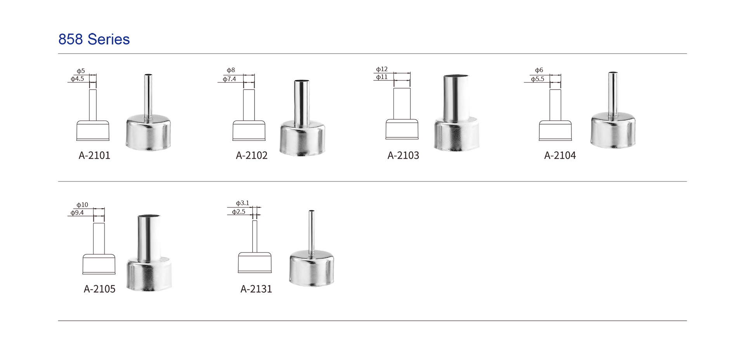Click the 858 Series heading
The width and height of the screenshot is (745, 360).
(94, 39)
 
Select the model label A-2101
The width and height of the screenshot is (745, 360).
(94, 156)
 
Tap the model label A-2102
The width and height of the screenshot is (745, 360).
(251, 156)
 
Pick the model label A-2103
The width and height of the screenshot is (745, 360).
(403, 156)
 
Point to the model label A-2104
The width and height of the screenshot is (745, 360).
(560, 156)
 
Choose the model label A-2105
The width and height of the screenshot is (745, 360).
(99, 289)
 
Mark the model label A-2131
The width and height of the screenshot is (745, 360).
(256, 289)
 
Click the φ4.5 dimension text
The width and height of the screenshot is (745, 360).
(77, 79)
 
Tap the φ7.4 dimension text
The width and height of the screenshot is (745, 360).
(229, 79)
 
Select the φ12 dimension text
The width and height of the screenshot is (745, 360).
(382, 69)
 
